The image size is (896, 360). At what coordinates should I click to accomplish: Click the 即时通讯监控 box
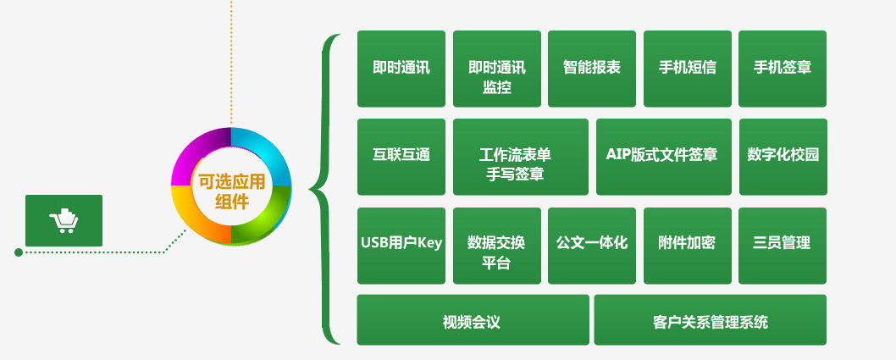(496, 69)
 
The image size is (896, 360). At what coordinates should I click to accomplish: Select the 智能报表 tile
(591, 69)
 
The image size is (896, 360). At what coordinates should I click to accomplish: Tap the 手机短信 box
(688, 69)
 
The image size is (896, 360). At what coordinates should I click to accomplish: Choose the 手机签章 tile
(783, 69)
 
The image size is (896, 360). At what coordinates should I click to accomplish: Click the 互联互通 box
(401, 157)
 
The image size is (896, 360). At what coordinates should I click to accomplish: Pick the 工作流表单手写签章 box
(521, 157)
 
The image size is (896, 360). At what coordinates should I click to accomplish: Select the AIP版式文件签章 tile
(663, 157)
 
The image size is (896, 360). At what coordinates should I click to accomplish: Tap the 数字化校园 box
(783, 157)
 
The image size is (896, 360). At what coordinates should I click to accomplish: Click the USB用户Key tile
(401, 246)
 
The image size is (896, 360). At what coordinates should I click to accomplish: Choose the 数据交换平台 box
(496, 246)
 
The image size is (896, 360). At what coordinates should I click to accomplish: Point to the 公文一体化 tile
(591, 246)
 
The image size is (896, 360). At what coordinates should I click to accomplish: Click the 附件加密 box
(688, 246)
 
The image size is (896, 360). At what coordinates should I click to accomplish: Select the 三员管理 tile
(783, 246)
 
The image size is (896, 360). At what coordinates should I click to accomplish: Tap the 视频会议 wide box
(473, 319)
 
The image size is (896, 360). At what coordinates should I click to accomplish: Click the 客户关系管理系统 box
(711, 319)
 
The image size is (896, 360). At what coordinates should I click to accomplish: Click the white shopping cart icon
(64, 220)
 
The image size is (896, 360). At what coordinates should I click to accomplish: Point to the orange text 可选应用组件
(231, 192)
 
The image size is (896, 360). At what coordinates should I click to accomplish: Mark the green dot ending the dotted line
(19, 252)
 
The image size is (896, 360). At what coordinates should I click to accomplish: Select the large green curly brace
(324, 189)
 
